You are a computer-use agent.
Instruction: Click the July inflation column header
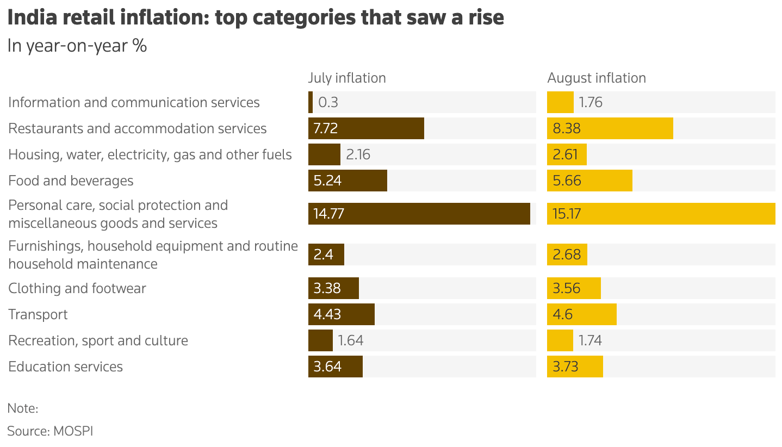pos(346,78)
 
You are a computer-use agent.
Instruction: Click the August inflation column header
pos(597,78)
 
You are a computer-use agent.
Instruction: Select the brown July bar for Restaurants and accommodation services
pos(366,128)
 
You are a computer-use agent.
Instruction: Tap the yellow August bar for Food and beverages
pos(589,181)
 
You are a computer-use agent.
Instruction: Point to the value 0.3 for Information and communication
pos(328,102)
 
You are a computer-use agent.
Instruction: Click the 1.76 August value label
pos(591,102)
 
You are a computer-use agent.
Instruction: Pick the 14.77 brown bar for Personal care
pos(419,214)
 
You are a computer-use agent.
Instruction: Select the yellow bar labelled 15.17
pos(661,214)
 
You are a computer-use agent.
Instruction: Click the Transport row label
pos(38,315)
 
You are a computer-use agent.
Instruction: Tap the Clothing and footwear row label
pos(77,288)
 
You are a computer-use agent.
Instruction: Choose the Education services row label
pos(65,367)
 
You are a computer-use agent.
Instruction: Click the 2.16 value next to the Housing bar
pos(358,154)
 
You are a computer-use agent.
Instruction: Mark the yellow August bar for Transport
pos(582,314)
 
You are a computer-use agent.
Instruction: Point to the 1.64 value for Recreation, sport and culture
pos(351,340)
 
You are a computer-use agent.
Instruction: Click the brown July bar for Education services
pos(336,367)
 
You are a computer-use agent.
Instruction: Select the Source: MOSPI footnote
pos(50,431)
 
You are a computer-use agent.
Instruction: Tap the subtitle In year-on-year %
pos(77,46)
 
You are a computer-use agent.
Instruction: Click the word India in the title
pos(32,17)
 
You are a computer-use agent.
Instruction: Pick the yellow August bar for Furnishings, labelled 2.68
pos(567,254)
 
